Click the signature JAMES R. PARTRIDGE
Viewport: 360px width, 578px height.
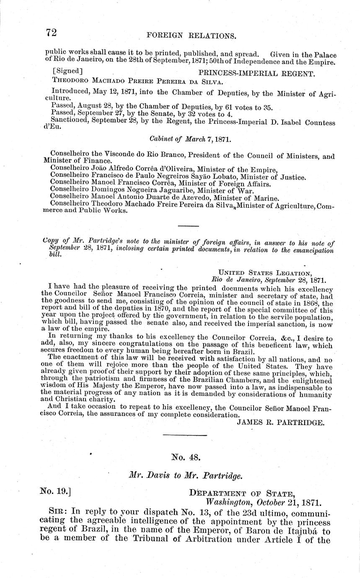coord(280,423)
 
